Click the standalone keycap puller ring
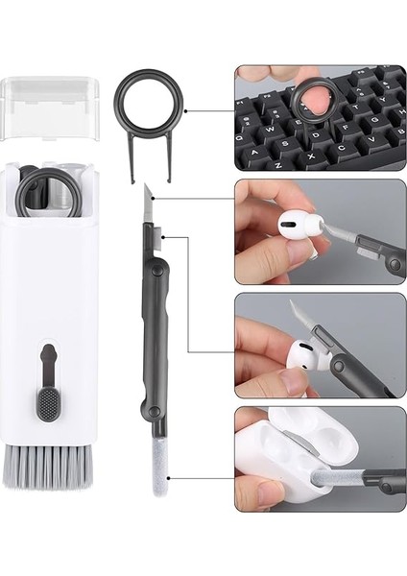(x=146, y=102)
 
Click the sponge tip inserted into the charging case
(x=331, y=475)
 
